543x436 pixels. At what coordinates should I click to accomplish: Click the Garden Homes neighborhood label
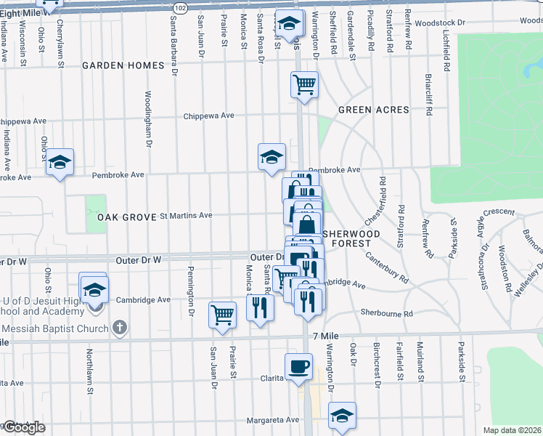tap(123, 65)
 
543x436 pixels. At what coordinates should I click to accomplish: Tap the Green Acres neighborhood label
tap(373, 110)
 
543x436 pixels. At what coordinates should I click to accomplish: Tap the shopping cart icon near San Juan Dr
tap(222, 315)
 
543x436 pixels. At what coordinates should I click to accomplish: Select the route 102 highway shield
tap(181, 7)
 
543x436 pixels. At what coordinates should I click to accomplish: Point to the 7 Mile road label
tap(326, 336)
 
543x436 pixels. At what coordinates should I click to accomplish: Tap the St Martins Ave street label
tap(186, 215)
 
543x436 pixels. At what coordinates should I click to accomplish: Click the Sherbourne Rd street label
tap(387, 313)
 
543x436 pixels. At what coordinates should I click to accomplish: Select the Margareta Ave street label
tap(272, 420)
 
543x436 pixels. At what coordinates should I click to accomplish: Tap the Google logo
tap(24, 427)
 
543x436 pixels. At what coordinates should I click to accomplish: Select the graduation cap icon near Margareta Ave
tap(342, 415)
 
